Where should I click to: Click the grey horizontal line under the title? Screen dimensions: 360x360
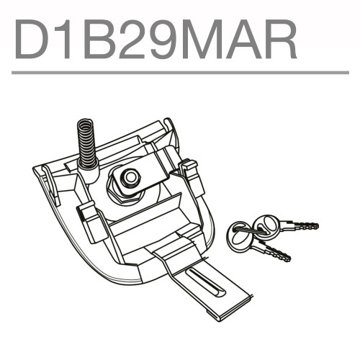pyautogui.click(x=180, y=73)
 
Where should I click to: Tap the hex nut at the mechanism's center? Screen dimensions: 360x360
pyautogui.click(x=130, y=176)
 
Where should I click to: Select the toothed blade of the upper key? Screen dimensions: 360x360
pyautogui.click(x=300, y=226)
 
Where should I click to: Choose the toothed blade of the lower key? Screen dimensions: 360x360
pyautogui.click(x=274, y=251)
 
